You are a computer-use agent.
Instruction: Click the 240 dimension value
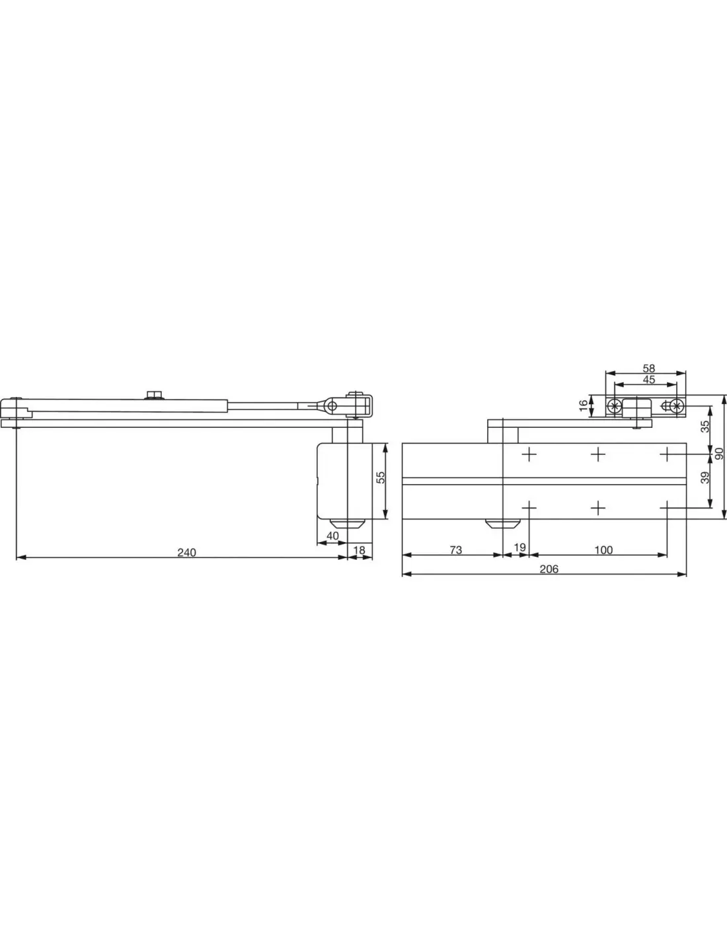click(x=186, y=552)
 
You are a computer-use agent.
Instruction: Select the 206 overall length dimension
click(x=549, y=569)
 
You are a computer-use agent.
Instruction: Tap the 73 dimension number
click(x=456, y=550)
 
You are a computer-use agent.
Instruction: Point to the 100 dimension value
click(x=603, y=550)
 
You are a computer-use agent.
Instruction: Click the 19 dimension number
click(x=519, y=547)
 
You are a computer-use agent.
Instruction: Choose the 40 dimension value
click(x=332, y=536)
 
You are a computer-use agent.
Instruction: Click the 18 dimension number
click(x=360, y=550)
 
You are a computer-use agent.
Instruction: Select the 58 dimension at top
click(x=649, y=368)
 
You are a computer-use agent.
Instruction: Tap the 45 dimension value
click(x=649, y=380)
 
